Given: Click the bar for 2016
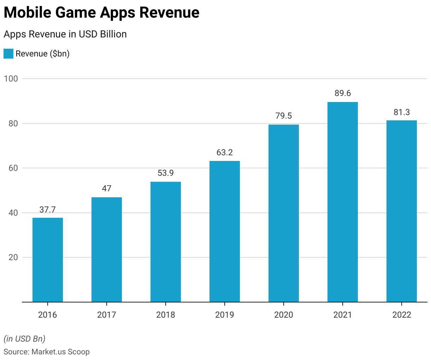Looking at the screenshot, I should point(48,260).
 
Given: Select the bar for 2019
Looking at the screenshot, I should point(225,232).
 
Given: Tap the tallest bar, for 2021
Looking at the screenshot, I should point(342,202).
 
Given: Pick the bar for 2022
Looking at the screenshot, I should point(401,211).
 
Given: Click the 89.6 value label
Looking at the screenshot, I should point(342,94).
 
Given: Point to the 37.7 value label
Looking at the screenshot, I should point(48,210).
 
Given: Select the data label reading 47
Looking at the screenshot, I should point(107,189).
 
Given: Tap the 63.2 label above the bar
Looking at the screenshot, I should point(225,153).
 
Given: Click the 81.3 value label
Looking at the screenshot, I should point(401,112).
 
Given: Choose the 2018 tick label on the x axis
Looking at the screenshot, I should point(166,315).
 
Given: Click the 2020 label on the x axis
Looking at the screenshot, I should point(284,315).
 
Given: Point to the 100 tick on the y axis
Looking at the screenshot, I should point(11,79).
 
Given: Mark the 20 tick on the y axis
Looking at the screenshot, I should point(13,258).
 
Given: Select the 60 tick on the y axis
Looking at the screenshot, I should point(13,168).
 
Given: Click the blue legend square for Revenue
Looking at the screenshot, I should point(8,54).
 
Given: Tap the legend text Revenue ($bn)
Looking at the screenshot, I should point(43,54).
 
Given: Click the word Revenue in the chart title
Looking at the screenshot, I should point(169,13).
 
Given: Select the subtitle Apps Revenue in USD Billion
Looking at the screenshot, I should point(65,34).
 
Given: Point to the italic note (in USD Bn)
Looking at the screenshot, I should point(24,339).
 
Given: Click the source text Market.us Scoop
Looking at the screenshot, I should point(60,352).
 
